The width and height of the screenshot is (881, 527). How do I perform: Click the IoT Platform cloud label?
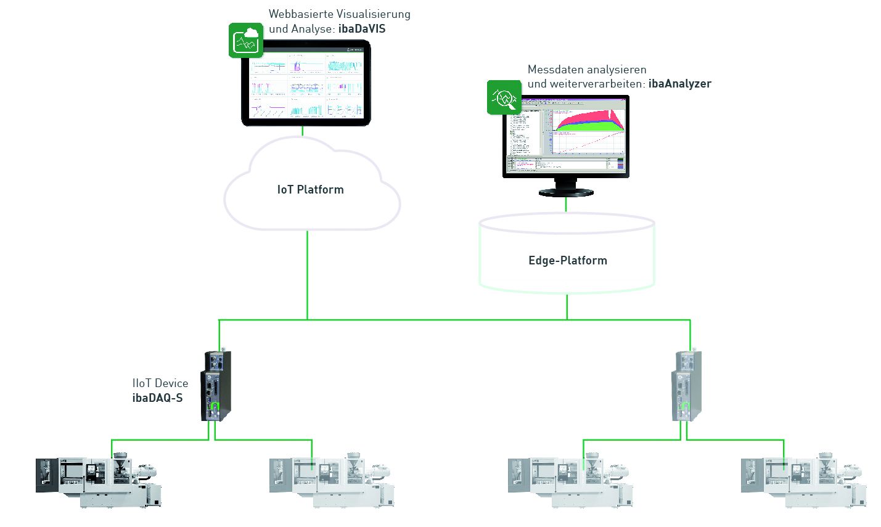tap(310, 190)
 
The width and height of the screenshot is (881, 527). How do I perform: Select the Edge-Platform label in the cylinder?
tap(567, 261)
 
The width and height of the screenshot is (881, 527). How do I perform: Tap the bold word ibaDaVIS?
tap(362, 29)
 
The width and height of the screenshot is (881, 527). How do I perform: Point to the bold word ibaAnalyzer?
tap(679, 84)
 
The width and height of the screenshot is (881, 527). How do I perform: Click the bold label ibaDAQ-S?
tap(157, 398)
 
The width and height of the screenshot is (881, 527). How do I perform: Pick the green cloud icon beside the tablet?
tap(245, 40)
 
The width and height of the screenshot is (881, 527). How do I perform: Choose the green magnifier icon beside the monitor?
tap(504, 97)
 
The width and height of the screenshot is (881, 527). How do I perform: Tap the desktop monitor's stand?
tap(567, 187)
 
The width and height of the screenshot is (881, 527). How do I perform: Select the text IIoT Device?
tap(160, 383)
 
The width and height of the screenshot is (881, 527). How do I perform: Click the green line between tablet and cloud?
tap(303, 131)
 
